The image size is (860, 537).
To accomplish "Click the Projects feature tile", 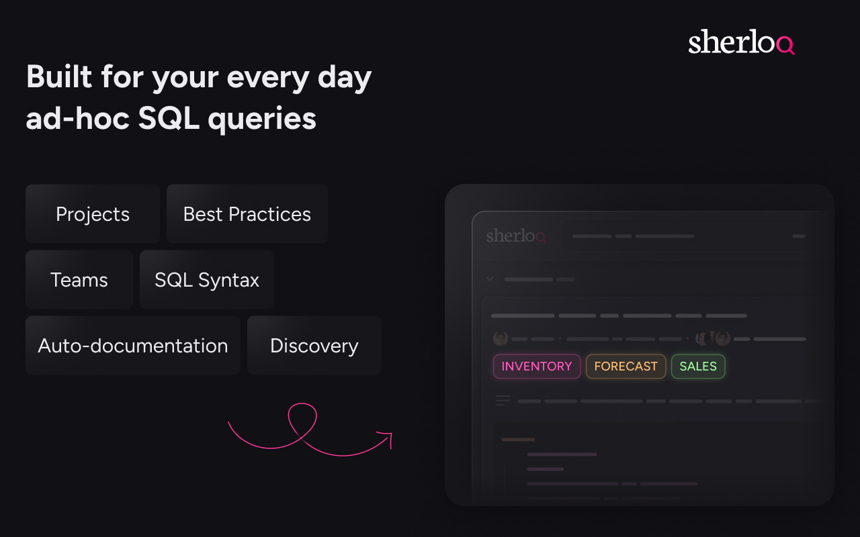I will (93, 214).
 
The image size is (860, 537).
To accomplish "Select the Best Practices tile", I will (247, 214).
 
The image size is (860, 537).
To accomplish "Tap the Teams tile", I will (79, 280).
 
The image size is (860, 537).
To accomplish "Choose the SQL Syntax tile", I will (207, 280).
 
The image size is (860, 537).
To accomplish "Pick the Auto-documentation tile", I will (133, 346).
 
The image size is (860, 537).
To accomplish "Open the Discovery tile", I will (314, 346).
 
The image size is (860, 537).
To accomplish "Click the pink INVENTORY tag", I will (537, 367).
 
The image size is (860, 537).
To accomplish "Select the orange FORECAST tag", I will (626, 367).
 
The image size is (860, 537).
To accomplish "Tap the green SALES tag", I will (698, 367).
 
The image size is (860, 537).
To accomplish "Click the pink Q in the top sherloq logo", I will (785, 45).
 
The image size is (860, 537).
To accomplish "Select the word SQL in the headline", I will (168, 119).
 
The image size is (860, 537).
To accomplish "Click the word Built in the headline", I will (58, 77).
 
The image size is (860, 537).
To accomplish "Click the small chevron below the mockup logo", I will (490, 279).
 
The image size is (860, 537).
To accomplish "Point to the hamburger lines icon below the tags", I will (503, 401).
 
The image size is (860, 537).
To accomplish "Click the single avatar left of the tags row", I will (501, 338).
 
